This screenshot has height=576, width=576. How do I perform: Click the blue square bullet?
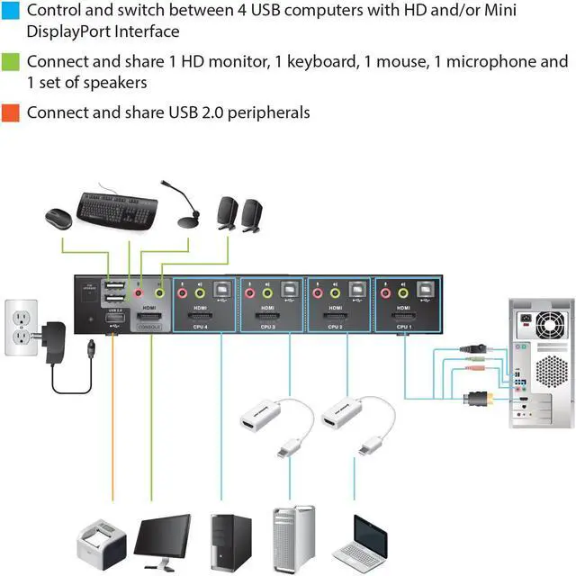click(13, 11)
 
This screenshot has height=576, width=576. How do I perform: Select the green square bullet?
click(13, 62)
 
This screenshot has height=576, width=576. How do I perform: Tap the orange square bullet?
click(13, 112)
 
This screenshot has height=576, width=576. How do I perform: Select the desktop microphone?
click(184, 211)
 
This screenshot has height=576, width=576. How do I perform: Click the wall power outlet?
click(21, 326)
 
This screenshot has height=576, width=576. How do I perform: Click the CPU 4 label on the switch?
click(199, 326)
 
